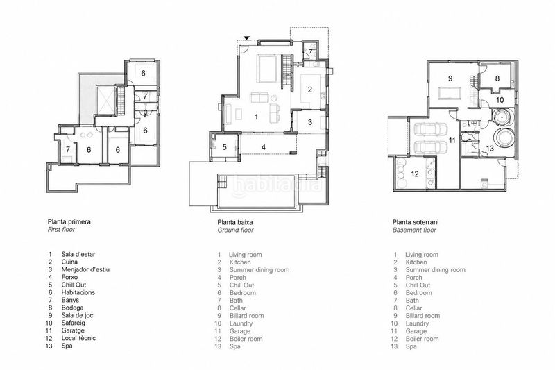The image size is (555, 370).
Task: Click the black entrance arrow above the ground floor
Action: [247, 38]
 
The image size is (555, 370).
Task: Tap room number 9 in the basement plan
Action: [450, 78]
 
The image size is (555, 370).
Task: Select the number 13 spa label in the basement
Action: [490, 149]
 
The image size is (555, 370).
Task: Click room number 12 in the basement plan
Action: [415, 174]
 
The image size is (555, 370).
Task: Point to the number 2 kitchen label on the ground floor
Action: [309, 90]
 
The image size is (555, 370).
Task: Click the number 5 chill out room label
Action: [224, 147]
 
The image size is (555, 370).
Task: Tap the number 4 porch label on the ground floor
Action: [264, 147]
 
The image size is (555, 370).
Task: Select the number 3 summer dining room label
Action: [309, 122]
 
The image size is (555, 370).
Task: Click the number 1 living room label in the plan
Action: [257, 117]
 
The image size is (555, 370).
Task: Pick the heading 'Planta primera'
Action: [69, 222]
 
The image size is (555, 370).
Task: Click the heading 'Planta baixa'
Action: [235, 222]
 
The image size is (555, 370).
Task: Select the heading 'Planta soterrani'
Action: [416, 222]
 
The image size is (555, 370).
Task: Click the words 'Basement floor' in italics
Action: [414, 230]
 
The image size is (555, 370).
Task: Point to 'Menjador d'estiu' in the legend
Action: [85, 269]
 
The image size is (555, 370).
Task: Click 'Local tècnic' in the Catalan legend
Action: [78, 338]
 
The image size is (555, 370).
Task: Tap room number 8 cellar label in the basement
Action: [497, 78]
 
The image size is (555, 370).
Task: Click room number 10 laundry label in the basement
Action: [499, 100]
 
